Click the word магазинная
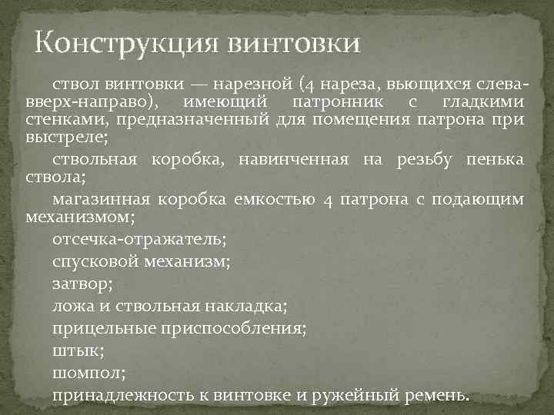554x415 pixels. [x=101, y=199]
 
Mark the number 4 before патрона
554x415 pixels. [x=329, y=200]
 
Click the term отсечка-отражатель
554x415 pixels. [x=138, y=239]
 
